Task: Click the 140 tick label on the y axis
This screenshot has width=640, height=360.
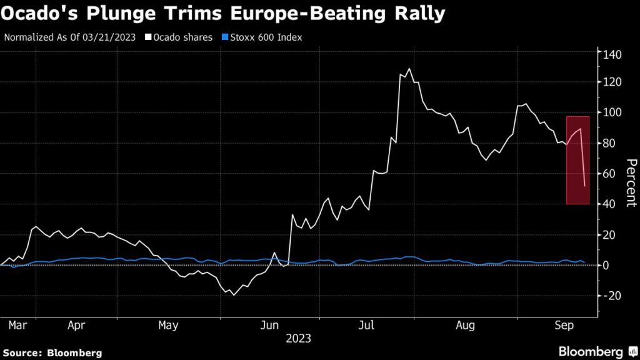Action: click(x=612, y=54)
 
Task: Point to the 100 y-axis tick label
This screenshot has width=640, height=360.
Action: click(x=612, y=112)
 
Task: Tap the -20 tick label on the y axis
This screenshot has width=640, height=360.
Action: click(x=611, y=296)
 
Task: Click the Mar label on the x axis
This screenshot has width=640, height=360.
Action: click(x=17, y=326)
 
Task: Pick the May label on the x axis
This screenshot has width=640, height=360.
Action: click(x=169, y=326)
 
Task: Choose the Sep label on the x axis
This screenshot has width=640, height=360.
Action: click(x=565, y=326)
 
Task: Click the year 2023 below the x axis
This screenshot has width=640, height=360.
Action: click(x=298, y=339)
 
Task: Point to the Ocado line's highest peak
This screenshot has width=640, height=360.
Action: click(x=409, y=69)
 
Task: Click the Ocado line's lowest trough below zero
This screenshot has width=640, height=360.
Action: click(x=234, y=294)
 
